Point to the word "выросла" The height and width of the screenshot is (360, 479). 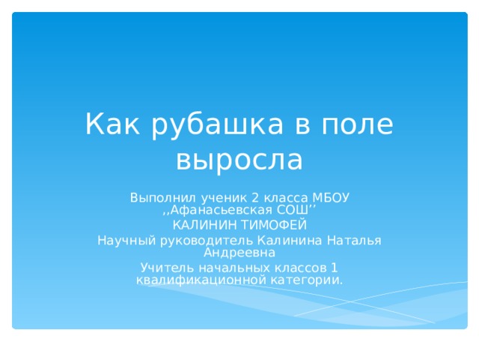(239, 159)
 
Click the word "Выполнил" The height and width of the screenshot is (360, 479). (156, 197)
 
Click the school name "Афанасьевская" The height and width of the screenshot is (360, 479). (219, 209)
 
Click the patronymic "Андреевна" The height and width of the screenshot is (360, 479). (239, 252)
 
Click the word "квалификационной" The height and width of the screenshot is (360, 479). (191, 280)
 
